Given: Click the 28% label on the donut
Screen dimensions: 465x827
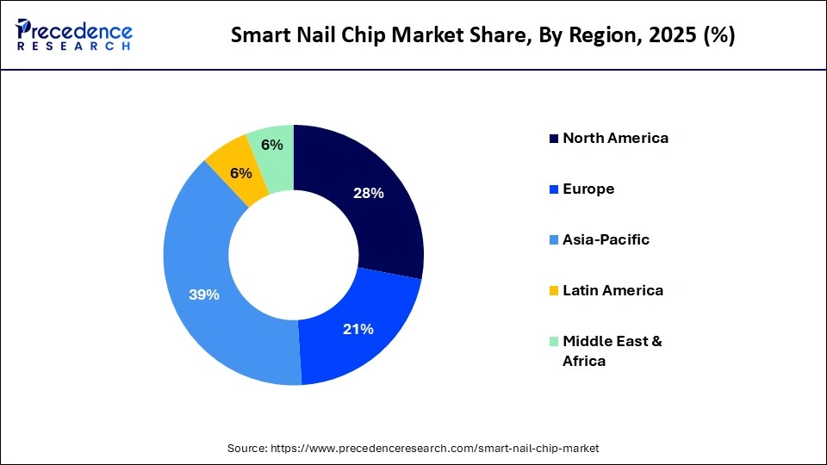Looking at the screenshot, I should click(368, 193).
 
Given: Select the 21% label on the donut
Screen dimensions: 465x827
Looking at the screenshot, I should click(358, 329).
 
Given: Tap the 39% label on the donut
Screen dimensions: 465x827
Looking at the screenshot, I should click(204, 294).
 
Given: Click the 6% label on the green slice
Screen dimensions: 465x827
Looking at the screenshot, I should click(272, 145).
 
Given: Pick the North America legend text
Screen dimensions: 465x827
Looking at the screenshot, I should click(615, 138).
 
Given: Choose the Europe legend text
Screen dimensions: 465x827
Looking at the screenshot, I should click(588, 189).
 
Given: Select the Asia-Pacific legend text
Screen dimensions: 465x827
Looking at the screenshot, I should click(606, 239).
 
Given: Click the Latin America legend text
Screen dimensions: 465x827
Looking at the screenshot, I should click(612, 290).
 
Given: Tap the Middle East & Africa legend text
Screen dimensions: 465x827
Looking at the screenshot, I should click(612, 350).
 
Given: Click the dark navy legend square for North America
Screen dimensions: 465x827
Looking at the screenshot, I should click(554, 139).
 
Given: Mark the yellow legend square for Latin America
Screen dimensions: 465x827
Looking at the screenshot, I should click(554, 291).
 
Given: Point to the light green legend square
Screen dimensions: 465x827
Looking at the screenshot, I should click(554, 342).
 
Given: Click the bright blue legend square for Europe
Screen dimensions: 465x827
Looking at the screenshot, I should click(554, 189).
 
